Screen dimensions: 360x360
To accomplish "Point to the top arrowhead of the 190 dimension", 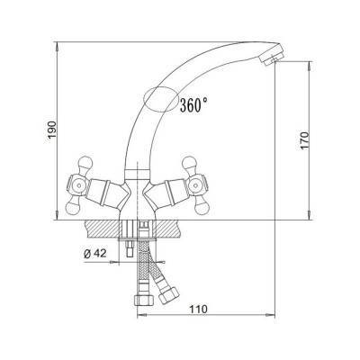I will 56,42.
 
